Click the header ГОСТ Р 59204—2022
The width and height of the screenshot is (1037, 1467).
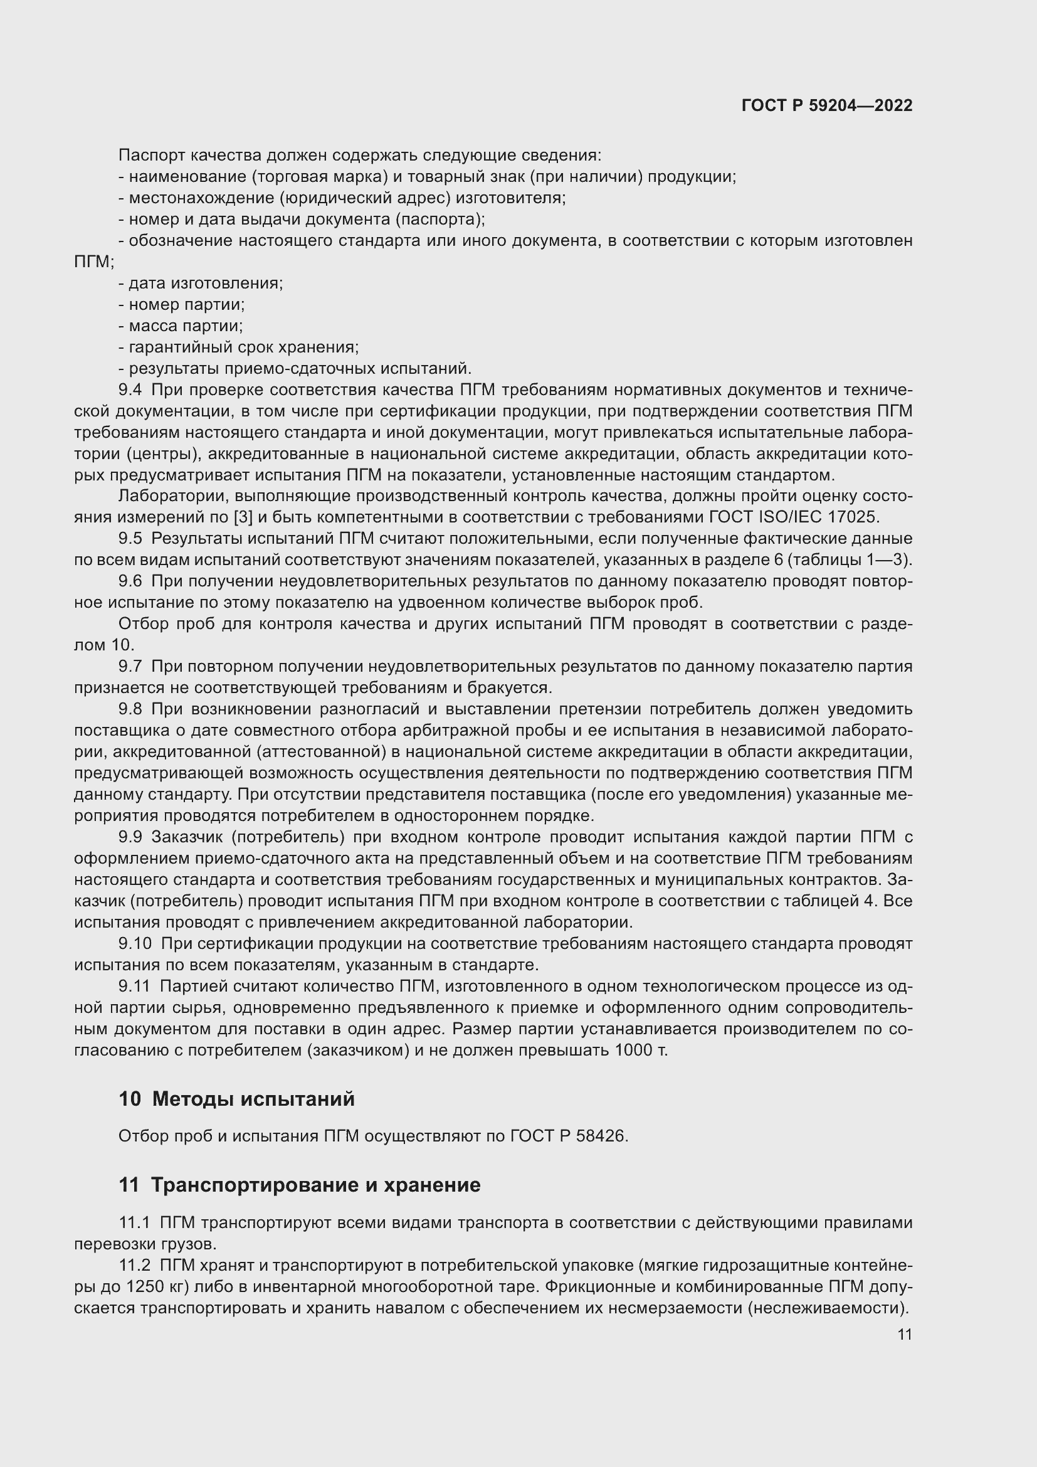point(826,105)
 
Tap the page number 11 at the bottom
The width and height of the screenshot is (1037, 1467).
point(904,1334)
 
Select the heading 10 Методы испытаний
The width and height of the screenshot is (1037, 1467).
point(236,1099)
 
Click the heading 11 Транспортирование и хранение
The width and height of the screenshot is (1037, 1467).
point(299,1185)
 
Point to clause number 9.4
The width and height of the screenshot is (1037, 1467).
point(130,389)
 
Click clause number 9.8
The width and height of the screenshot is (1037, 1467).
point(130,709)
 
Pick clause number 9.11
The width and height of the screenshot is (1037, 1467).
point(134,987)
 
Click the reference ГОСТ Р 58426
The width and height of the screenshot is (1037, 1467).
point(568,1136)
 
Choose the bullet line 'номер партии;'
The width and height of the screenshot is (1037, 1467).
point(182,304)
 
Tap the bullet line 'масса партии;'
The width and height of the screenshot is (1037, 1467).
point(181,326)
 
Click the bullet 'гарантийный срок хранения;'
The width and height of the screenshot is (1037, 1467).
point(239,347)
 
